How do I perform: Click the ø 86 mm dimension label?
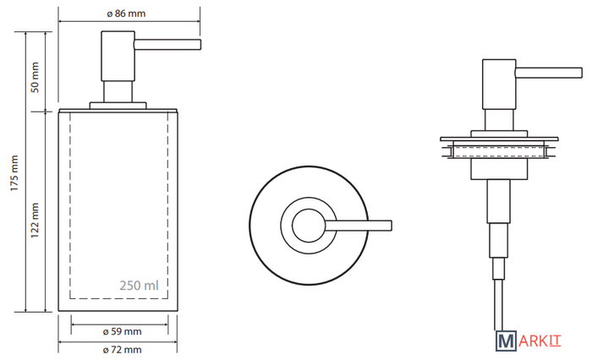click(126, 14)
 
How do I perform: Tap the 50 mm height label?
click(35, 78)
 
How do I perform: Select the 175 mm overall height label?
click(14, 173)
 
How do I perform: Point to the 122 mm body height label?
click(35, 221)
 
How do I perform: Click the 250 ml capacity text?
click(139, 286)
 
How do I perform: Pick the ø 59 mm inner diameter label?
click(123, 332)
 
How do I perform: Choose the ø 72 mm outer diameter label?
click(123, 350)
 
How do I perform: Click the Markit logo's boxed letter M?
click(506, 341)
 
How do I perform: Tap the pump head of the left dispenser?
click(118, 56)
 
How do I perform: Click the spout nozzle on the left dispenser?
click(167, 45)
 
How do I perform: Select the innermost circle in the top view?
click(309, 226)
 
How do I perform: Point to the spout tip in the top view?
click(392, 226)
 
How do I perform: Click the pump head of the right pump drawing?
click(499, 85)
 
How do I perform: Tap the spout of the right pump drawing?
click(549, 73)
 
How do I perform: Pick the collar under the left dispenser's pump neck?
click(118, 106)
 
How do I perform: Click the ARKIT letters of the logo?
click(540, 341)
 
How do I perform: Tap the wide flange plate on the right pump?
click(499, 139)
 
